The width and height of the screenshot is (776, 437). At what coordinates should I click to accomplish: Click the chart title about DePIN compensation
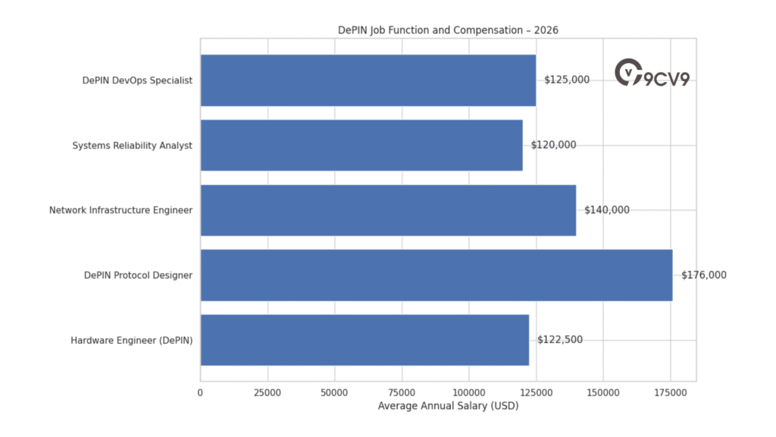[x=448, y=30]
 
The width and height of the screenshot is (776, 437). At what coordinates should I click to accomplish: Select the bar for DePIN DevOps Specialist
[x=368, y=80]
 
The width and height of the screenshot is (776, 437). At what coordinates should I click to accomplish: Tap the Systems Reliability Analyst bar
[x=361, y=145]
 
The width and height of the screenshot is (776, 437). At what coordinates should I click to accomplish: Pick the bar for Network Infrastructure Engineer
[x=388, y=210]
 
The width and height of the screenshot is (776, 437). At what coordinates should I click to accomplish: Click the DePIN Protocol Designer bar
[x=436, y=275]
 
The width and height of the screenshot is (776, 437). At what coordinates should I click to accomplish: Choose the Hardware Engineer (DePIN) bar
[x=365, y=340]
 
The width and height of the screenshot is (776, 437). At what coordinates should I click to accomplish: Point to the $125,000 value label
[x=567, y=80]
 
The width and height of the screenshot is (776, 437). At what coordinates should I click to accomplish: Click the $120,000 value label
[x=553, y=145]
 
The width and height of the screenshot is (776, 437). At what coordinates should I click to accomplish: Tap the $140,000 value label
[x=606, y=210]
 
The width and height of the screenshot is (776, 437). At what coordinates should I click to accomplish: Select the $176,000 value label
[x=703, y=275]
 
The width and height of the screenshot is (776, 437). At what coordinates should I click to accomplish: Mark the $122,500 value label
[x=560, y=340]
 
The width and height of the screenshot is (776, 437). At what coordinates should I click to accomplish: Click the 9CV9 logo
[x=652, y=74]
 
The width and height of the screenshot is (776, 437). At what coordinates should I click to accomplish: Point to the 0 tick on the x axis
[x=200, y=393]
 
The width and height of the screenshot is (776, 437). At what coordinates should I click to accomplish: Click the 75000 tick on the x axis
[x=402, y=393]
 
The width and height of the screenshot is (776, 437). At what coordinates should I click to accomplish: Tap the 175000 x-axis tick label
[x=671, y=393]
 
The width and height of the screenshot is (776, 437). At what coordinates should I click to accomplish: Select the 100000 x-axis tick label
[x=469, y=393]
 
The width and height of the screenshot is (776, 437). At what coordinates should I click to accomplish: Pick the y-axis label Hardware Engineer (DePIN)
[x=131, y=341]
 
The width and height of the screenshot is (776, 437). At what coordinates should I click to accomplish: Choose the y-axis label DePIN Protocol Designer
[x=138, y=275]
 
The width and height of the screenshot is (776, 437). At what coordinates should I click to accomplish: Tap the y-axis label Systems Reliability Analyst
[x=132, y=145]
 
